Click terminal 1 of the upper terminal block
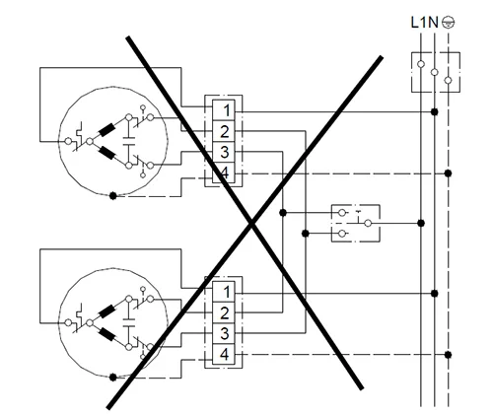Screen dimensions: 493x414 coord(224,110)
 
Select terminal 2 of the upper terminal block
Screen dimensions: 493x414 coord(224,131)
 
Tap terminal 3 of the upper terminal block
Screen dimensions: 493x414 coord(224,152)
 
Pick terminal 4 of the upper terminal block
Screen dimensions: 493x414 coord(224,172)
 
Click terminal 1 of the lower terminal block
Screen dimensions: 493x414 coord(224,292)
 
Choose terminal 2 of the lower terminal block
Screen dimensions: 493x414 coord(224,312)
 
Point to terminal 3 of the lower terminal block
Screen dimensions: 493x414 coord(224,333)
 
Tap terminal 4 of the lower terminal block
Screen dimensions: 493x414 coord(224,354)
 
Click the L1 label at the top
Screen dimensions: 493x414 coord(419,23)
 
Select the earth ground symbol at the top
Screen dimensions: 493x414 coord(449,23)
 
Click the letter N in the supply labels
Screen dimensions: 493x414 coord(433,23)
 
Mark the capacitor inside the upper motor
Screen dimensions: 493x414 coord(129,141)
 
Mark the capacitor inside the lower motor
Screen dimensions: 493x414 coord(129,322)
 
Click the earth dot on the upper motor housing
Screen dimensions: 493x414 coord(112,196)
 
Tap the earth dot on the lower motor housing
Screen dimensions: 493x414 coord(112,378)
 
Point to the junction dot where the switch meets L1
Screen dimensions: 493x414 coord(421,224)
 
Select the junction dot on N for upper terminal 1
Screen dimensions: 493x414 coord(435,112)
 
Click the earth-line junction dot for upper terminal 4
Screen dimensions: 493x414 coord(448,173)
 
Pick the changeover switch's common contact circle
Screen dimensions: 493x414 coord(368,224)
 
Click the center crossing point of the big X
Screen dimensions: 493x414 coord(251,224)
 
